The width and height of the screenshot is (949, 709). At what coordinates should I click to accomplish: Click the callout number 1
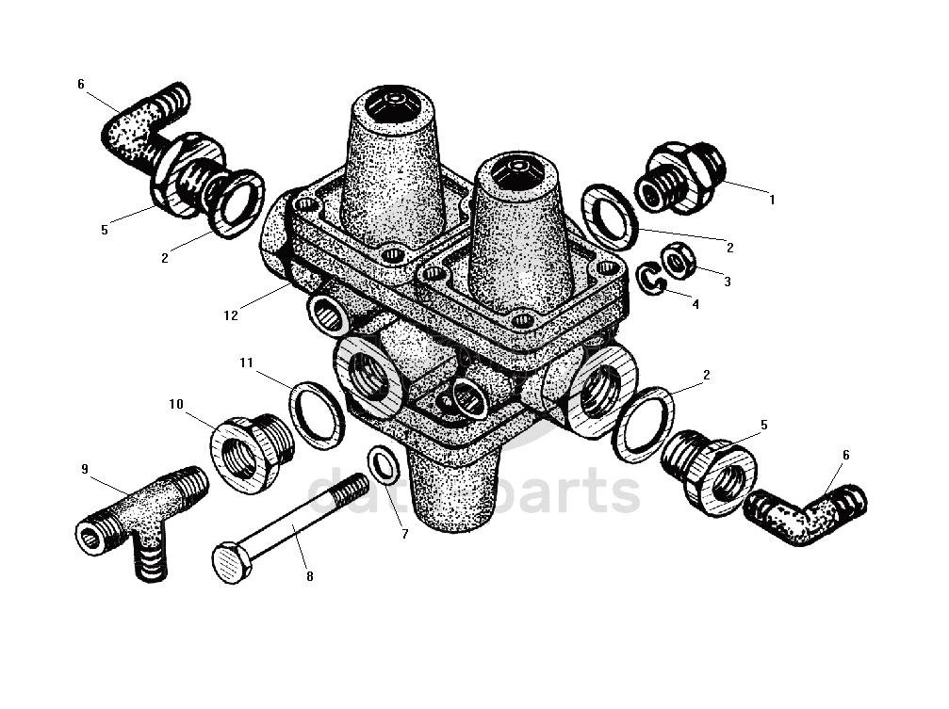pyautogui.click(x=772, y=200)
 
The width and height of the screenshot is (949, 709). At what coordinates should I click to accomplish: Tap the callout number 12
pyautogui.click(x=231, y=315)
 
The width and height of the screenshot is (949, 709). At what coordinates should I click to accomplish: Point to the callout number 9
pyautogui.click(x=84, y=468)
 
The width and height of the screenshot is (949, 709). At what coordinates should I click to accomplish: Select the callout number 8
pyautogui.click(x=309, y=576)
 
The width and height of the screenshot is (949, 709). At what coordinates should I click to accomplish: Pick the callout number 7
pyautogui.click(x=405, y=534)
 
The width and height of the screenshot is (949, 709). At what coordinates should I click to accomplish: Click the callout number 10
pyautogui.click(x=176, y=404)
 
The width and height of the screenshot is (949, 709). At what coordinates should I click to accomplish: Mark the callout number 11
pyautogui.click(x=246, y=363)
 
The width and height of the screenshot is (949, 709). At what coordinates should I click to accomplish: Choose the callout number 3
pyautogui.click(x=728, y=281)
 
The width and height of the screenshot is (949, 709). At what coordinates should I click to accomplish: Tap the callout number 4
pyautogui.click(x=695, y=304)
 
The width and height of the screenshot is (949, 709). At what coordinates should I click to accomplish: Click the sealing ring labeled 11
pyautogui.click(x=316, y=414)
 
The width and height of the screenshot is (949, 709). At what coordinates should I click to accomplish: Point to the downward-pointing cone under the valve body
pyautogui.click(x=457, y=490)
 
